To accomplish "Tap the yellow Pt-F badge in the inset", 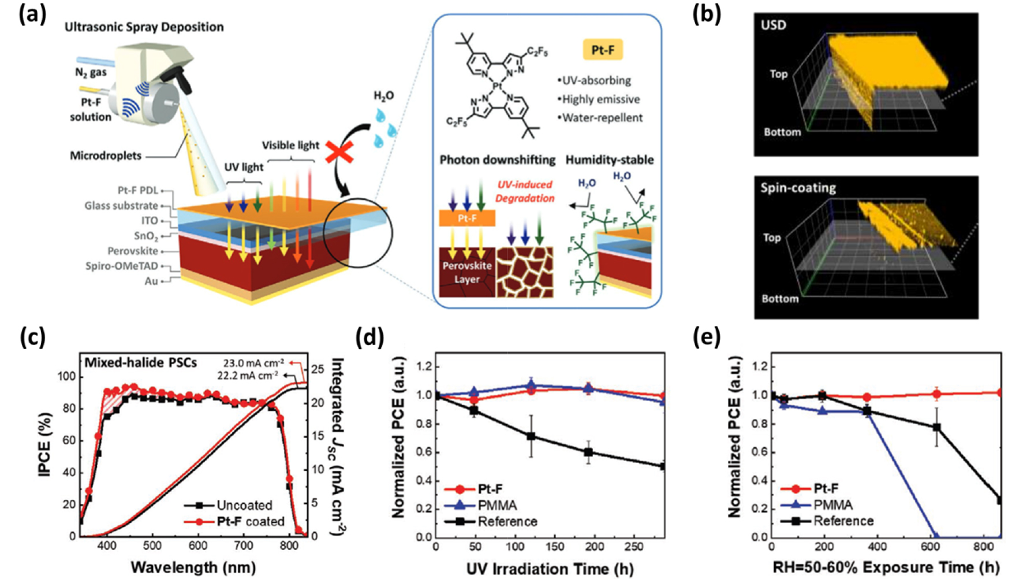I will [602, 50].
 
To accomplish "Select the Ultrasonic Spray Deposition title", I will [144, 27].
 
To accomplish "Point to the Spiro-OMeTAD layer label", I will [121, 266].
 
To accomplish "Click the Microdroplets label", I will [106, 155].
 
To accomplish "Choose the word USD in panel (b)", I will [773, 25].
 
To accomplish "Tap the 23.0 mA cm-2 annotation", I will [253, 363].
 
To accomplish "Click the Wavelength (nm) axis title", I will [193, 567].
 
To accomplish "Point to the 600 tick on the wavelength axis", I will [198, 545].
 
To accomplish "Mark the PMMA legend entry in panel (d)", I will [497, 505].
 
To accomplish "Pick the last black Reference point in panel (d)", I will [663, 466].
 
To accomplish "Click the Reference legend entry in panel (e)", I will [843, 521].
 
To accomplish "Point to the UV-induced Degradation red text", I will [525, 191].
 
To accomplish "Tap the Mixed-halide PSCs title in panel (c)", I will [141, 363].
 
